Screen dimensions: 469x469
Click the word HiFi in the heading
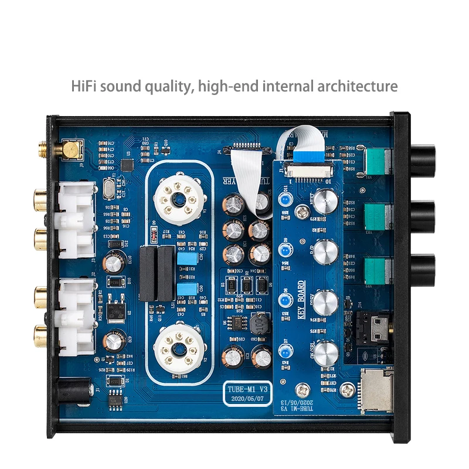pos(84,86)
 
